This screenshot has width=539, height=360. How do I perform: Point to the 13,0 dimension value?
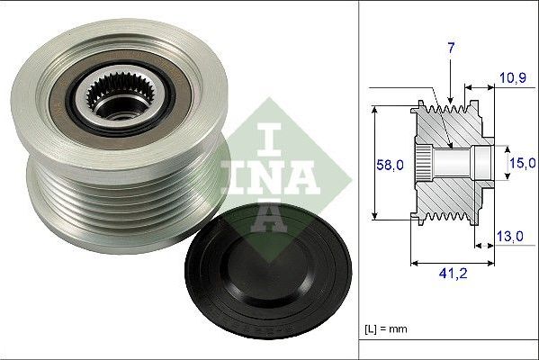[x=510, y=236]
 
